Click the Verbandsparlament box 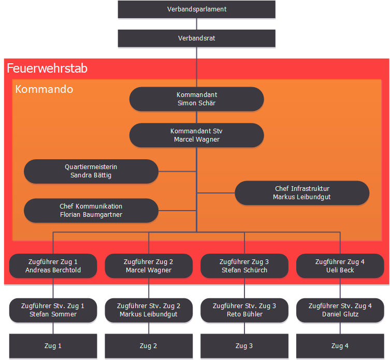click(197, 9)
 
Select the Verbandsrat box click(197, 38)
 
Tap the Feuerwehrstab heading click(47, 68)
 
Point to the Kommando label click(44, 89)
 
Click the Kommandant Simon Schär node click(197, 99)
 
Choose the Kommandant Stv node click(197, 135)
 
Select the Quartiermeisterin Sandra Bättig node click(91, 171)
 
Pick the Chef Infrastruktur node click(302, 193)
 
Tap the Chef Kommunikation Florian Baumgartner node click(91, 211)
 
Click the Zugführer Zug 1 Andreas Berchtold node click(53, 266)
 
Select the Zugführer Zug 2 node click(149, 266)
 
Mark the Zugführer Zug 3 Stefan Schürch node click(244, 266)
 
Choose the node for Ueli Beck click(340, 266)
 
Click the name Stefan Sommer click(53, 314)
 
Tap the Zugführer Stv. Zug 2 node click(149, 310)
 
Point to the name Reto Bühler click(244, 314)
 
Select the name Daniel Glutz click(340, 314)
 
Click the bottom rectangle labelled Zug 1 click(53, 346)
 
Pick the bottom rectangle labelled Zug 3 click(244, 346)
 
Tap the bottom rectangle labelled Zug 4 click(340, 346)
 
